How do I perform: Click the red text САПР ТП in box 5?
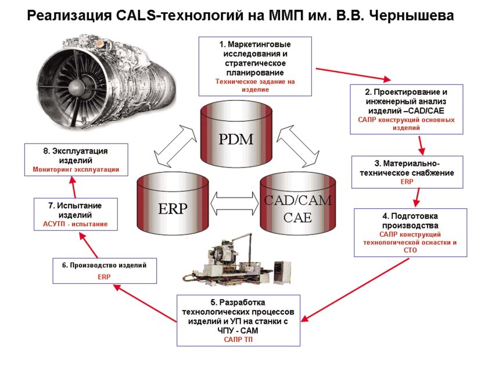point(238,339)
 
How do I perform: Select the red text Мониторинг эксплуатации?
point(76,169)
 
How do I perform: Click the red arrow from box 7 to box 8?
point(74,187)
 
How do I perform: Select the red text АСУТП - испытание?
point(76,224)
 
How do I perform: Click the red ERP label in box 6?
point(104,277)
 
